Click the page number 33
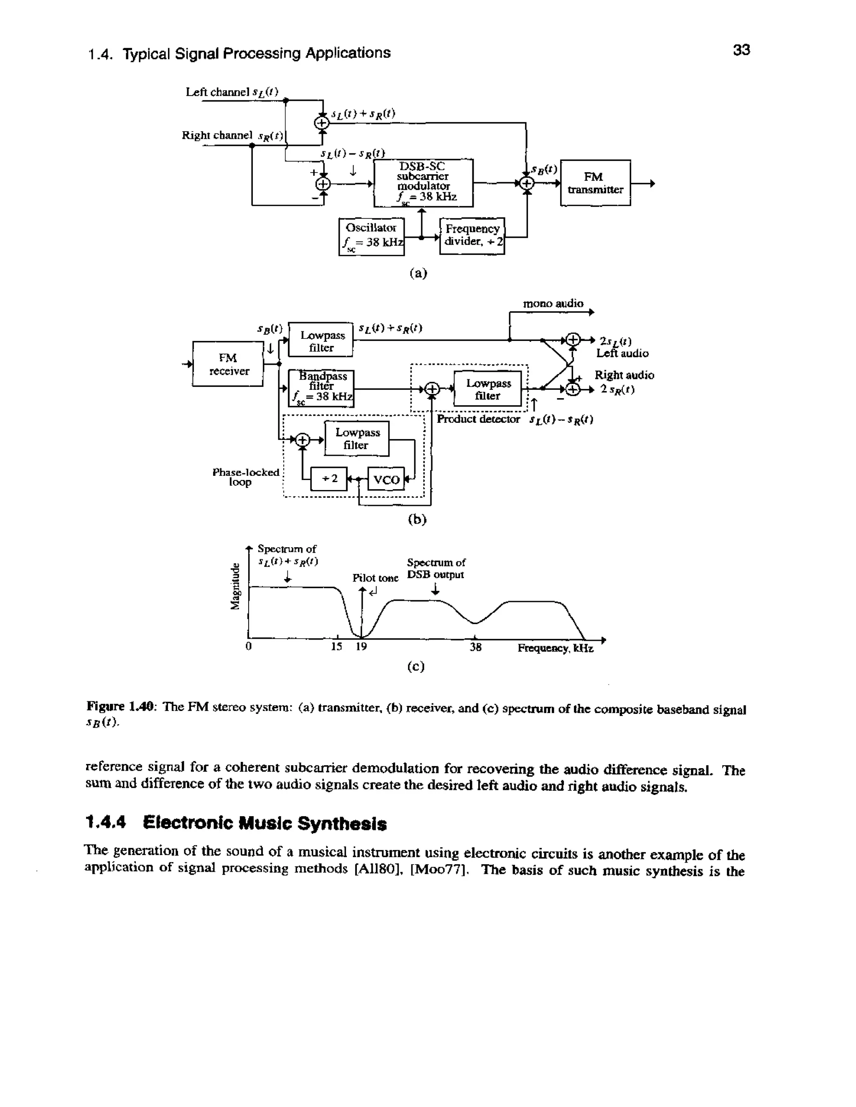(x=741, y=50)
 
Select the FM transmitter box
(x=595, y=183)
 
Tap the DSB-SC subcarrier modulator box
(x=423, y=183)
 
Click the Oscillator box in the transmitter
(x=371, y=236)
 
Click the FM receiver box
(x=228, y=364)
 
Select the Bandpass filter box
(x=321, y=388)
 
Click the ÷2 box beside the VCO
(x=329, y=478)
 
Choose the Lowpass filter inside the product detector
(x=487, y=389)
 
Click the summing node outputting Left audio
(x=572, y=340)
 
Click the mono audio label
(x=553, y=304)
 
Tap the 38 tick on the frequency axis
(x=475, y=647)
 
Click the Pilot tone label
(x=375, y=578)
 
